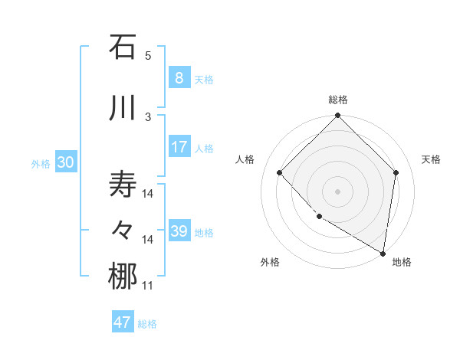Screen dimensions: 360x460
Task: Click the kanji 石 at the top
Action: click(x=123, y=47)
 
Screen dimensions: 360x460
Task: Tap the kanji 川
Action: click(x=123, y=109)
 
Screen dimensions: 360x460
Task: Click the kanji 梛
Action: click(x=123, y=277)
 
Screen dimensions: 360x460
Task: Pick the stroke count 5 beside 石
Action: click(x=148, y=56)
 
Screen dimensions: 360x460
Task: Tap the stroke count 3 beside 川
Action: click(x=148, y=116)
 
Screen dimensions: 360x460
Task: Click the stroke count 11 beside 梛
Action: click(x=148, y=286)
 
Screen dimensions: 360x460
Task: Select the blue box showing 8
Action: click(x=179, y=77)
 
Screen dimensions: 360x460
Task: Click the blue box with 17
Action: click(x=179, y=147)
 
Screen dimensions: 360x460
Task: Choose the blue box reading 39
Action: click(x=179, y=231)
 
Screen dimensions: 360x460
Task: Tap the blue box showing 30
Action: click(x=65, y=162)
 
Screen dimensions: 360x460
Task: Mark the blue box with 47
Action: click(x=123, y=322)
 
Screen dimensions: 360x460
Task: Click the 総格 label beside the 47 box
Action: click(x=147, y=324)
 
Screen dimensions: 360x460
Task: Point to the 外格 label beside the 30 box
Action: click(x=41, y=163)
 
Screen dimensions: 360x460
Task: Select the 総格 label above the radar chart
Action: click(x=337, y=100)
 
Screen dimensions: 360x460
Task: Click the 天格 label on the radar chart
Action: click(x=431, y=159)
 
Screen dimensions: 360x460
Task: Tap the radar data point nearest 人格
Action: click(x=280, y=173)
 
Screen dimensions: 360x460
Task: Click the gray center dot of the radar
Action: click(x=337, y=191)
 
